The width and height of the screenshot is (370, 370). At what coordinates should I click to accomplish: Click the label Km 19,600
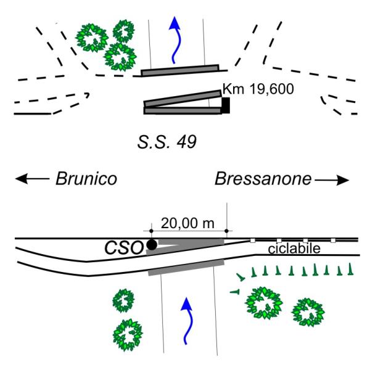tap(258, 89)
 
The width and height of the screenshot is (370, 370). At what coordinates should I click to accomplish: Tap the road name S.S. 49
tap(167, 142)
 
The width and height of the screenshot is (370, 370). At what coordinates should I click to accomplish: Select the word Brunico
tap(86, 179)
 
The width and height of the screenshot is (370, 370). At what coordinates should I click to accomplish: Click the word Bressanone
tap(263, 179)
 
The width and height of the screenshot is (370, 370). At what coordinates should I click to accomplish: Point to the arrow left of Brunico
tap(32, 179)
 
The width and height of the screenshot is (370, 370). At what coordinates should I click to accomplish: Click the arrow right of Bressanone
tap(332, 180)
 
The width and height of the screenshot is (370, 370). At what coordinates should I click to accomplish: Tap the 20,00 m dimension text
tap(187, 223)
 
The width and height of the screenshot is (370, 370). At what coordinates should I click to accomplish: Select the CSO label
tap(124, 249)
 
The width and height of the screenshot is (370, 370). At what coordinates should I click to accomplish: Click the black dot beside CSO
tap(152, 245)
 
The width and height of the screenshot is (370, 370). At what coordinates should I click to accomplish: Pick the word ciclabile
tap(294, 249)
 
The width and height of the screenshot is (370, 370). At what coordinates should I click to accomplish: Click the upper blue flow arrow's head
tap(175, 23)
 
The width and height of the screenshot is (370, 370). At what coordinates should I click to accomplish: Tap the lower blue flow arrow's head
tap(187, 304)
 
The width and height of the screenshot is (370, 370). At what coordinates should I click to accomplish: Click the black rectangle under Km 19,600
tap(226, 105)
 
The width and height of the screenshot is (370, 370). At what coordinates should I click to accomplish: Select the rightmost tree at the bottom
tap(308, 312)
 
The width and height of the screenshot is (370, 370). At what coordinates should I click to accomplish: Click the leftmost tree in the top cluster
tap(92, 38)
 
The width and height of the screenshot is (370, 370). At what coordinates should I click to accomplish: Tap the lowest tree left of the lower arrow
tap(128, 335)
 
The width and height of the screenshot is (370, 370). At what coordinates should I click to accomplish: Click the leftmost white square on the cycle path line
tap(252, 240)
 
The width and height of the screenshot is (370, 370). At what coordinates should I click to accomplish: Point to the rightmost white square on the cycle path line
tap(333, 240)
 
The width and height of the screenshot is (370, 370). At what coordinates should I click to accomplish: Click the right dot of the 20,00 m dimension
tap(226, 231)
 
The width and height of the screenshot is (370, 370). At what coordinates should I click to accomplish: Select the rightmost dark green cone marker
tap(350, 269)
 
